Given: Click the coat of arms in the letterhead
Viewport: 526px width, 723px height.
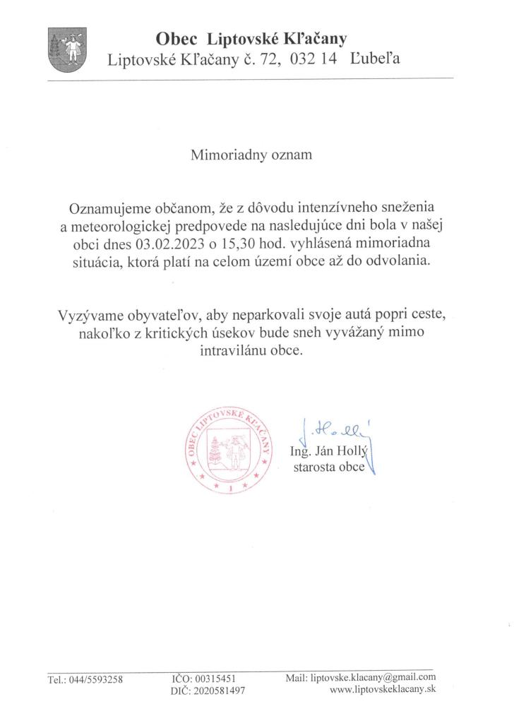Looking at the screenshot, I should [67, 50].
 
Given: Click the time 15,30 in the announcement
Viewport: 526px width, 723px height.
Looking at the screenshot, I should [226, 244].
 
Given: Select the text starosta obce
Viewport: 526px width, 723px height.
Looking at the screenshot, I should [328, 467].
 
